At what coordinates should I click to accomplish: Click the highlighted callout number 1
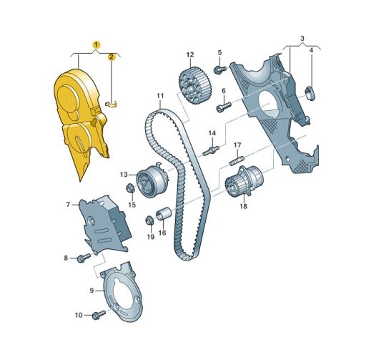[97, 44]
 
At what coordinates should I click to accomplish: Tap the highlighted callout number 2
[112, 57]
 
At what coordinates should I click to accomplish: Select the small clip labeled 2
[112, 104]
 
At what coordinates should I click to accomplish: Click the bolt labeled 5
[219, 69]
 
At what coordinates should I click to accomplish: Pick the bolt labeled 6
[224, 107]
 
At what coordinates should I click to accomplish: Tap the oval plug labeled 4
[310, 94]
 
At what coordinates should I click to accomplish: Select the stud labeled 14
[211, 150]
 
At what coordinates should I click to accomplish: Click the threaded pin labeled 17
[237, 160]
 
